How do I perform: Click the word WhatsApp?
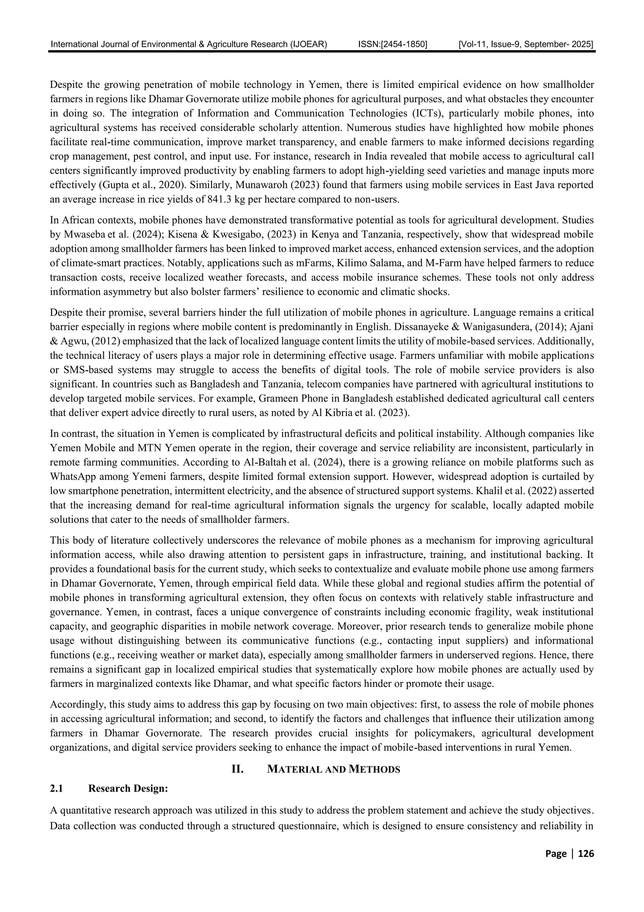pyautogui.click(x=74, y=477)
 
